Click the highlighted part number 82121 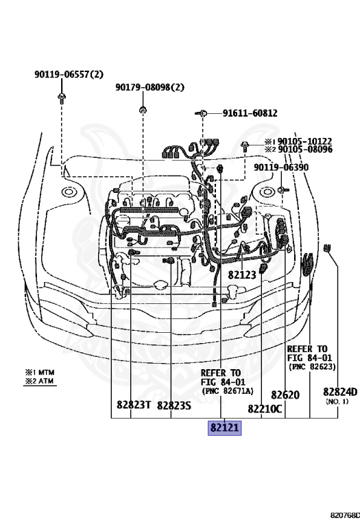click(x=225, y=428)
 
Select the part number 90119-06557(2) click(x=69, y=74)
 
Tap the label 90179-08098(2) click(x=150, y=87)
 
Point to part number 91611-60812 click(x=250, y=113)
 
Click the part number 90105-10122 click(x=304, y=141)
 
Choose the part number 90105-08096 click(x=304, y=149)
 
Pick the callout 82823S click(x=173, y=405)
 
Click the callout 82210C click(x=265, y=409)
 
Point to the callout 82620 click(x=285, y=395)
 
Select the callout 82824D click(x=340, y=392)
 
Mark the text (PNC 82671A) click(x=227, y=390)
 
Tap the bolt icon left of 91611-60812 click(x=204, y=113)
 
